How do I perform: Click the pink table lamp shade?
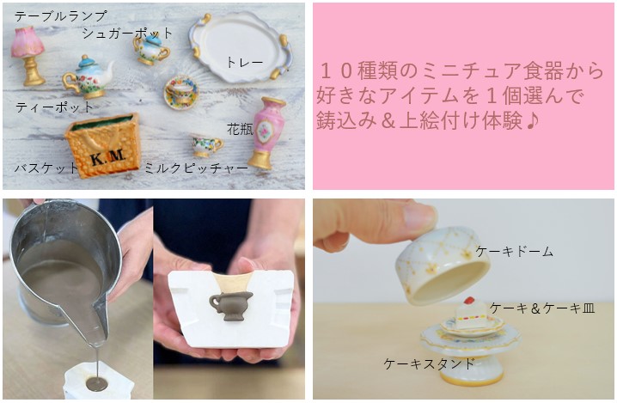tap(27, 42)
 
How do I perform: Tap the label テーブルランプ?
tap(61, 16)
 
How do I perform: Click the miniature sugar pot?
tap(151, 50)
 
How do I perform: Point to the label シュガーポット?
tap(127, 33)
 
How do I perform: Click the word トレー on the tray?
tap(244, 63)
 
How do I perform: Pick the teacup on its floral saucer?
tap(181, 92)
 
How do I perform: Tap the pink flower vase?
tap(266, 132)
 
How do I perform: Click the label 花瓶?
tap(240, 129)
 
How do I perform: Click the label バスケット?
tap(46, 168)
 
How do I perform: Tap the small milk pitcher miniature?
tap(207, 146)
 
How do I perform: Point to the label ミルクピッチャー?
tap(196, 168)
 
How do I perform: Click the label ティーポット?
tap(54, 107)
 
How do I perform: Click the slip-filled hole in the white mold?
tap(96, 382)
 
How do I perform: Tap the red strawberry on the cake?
tap(468, 301)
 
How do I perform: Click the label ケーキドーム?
tap(515, 252)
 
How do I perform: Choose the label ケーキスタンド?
tap(430, 363)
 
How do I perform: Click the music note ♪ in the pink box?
tap(531, 120)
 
